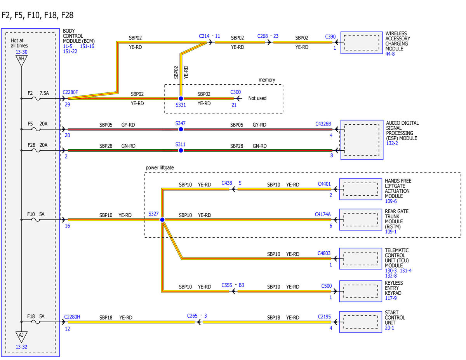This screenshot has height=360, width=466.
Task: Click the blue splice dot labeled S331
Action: coord(181,98)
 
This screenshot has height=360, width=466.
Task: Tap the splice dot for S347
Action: coord(181,129)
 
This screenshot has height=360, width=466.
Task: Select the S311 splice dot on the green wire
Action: coord(181,150)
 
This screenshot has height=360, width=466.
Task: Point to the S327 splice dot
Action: coord(162,219)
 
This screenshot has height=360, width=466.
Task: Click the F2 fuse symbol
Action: coord(36,99)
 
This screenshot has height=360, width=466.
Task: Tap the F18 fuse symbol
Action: coord(36,322)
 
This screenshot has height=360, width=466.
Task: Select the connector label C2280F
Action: coord(70,92)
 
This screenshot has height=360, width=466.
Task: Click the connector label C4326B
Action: coord(323,124)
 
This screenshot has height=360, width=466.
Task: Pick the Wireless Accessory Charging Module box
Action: coord(362,43)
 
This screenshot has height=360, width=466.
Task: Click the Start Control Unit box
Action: coord(360,322)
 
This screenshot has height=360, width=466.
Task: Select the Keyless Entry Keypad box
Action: coord(360,291)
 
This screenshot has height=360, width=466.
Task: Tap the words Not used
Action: coord(257,98)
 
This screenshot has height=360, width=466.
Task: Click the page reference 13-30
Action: coord(21,52)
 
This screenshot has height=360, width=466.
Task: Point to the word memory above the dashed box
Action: coord(267,80)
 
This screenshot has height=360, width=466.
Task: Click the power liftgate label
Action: coord(160,167)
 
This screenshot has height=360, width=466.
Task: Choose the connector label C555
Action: coord(227,285)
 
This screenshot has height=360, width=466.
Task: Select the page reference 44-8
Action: coord(390,54)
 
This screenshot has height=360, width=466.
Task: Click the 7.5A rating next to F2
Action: coord(44,93)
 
